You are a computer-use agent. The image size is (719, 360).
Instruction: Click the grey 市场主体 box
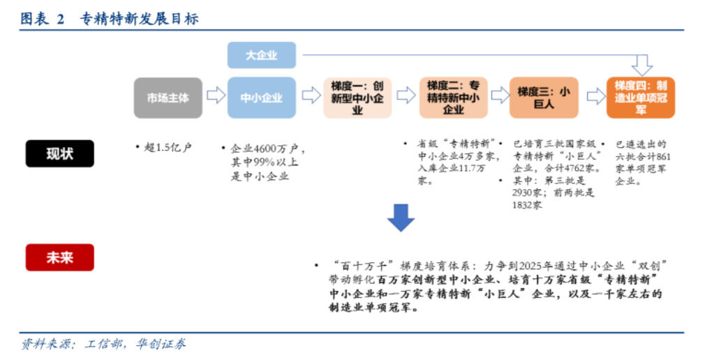coord(168,97)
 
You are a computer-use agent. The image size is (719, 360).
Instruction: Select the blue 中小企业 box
coord(262,97)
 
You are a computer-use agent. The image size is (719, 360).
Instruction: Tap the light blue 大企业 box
coord(262,55)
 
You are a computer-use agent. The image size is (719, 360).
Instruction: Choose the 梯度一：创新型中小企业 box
coord(357,97)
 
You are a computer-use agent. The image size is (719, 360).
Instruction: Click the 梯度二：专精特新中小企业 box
coord(453,97)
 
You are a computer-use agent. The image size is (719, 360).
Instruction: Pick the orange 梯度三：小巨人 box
coord(544,97)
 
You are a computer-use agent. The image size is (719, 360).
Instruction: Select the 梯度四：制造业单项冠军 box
coord(641,97)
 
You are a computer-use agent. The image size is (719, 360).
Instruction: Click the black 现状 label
coord(59,153)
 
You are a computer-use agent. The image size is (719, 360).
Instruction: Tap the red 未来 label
coord(59,257)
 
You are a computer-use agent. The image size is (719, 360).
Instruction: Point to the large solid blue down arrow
coord(401,218)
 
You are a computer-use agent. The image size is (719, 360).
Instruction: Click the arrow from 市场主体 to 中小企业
coord(216,96)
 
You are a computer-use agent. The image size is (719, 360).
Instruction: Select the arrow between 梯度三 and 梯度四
coord(595,96)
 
